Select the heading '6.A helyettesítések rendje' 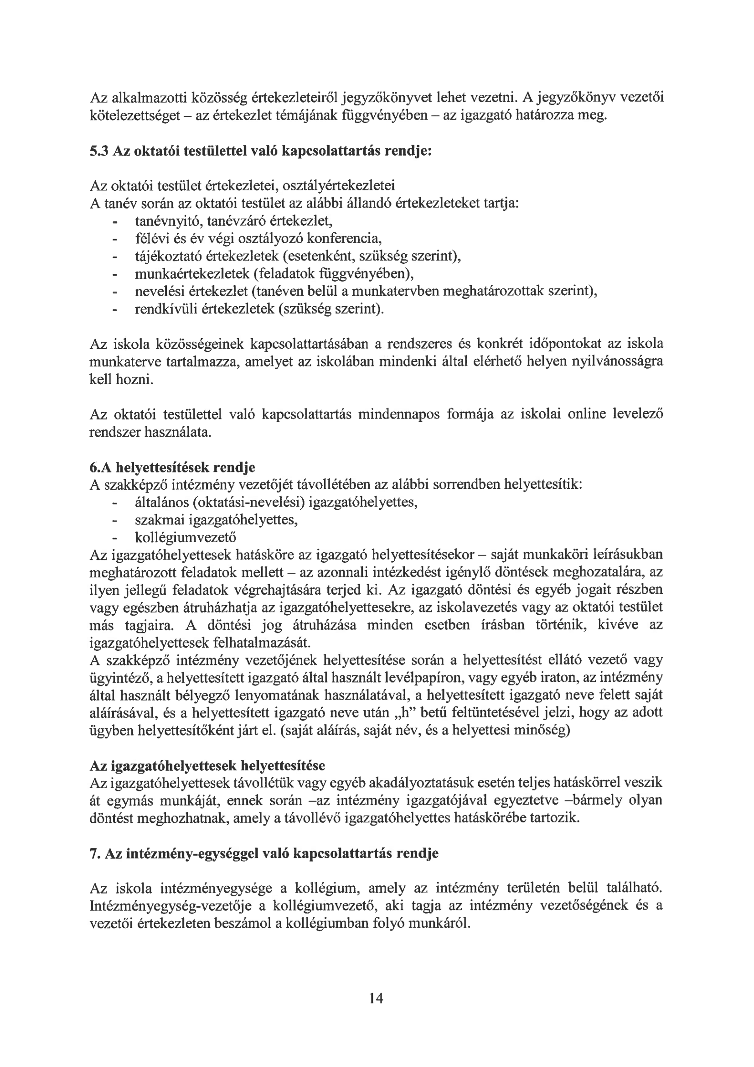pos(172,466)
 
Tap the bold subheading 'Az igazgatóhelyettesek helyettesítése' pos(207,765)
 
